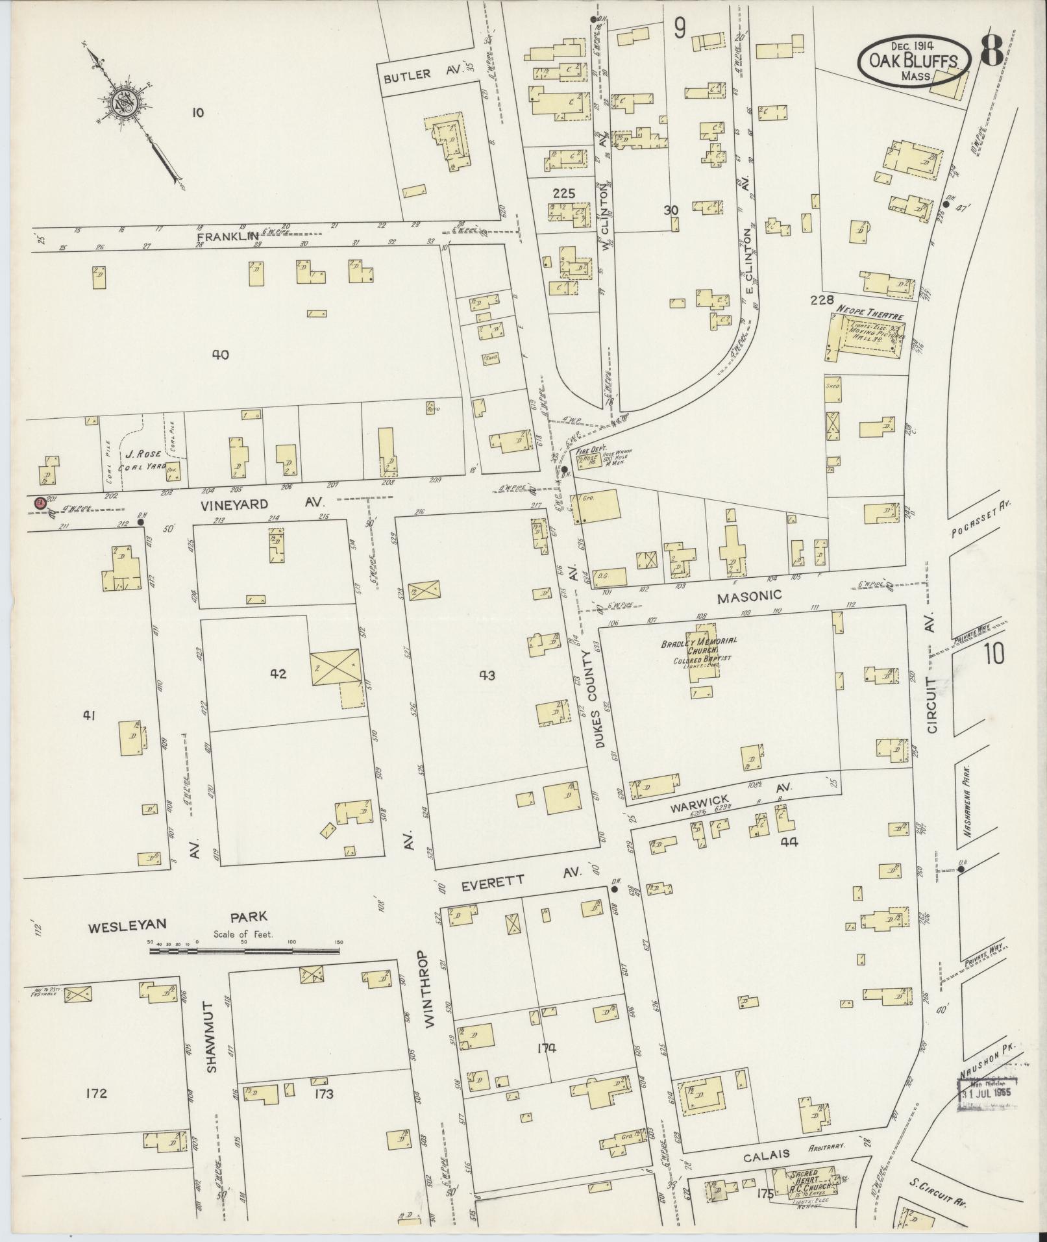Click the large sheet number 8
992,49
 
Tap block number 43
487,675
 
